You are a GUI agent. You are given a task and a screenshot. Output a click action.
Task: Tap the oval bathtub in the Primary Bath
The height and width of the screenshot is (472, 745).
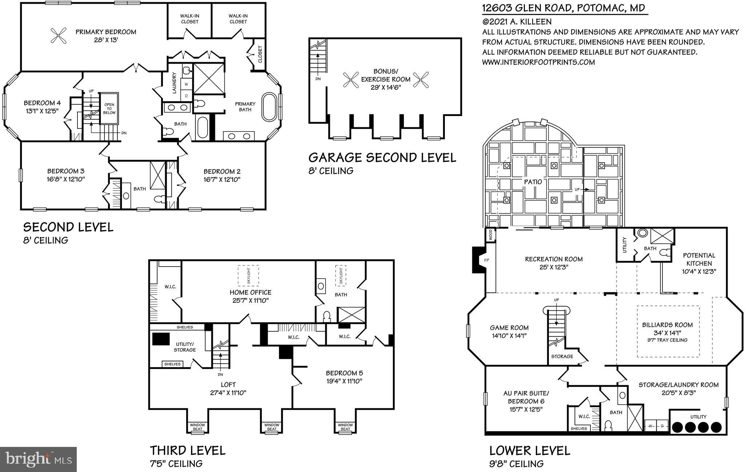pos(270,107)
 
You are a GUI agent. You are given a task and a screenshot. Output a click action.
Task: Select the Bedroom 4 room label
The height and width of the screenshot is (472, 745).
pos(42,103)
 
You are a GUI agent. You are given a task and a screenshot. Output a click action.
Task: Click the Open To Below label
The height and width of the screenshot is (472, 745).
pos(109,108)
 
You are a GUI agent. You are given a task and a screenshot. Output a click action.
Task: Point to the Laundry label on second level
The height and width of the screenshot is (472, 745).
pos(174,83)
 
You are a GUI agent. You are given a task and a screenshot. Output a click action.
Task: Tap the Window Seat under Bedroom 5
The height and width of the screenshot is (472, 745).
pos(345,427)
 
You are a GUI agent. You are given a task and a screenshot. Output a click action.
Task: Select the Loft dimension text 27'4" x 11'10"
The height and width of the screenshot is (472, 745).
pos(228,393)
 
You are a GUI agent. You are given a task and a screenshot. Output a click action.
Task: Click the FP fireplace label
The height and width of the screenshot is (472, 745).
pos(487,261)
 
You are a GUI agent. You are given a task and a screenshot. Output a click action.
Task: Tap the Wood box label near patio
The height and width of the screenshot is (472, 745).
pos(490,235)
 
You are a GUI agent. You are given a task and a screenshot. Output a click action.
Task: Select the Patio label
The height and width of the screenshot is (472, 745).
pos(533,182)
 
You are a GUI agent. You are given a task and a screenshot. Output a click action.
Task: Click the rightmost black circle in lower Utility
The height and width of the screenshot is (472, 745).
pos(716,427)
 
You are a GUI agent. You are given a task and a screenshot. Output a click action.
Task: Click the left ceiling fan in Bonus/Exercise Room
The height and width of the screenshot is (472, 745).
pos(351,80)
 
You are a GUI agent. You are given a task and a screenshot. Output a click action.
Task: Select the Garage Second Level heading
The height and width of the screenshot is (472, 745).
pos(382,157)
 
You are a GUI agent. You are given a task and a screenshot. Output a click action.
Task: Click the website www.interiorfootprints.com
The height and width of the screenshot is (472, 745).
pos(538,62)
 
